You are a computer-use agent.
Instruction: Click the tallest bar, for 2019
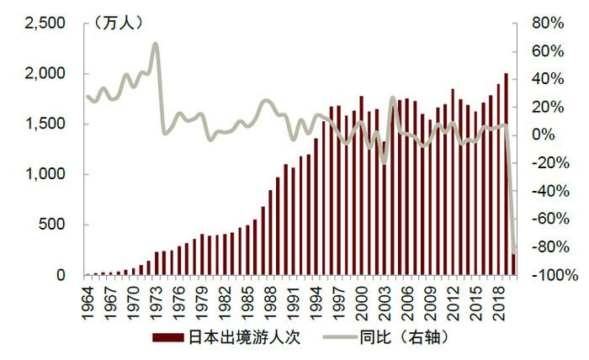[x=506, y=174]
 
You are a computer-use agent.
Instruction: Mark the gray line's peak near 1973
[x=156, y=44]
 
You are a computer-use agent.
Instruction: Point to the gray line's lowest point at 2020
[x=513, y=252]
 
